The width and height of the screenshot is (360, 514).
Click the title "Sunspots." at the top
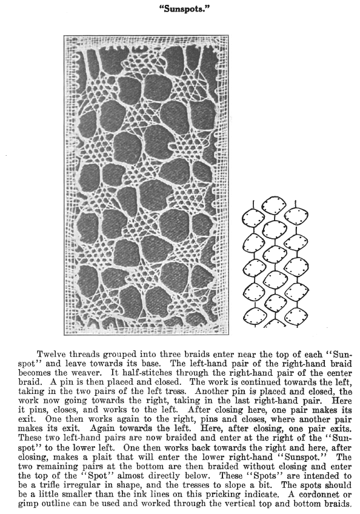tap(180, 11)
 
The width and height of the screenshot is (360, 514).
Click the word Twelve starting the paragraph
tap(53, 353)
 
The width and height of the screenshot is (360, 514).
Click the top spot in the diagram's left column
tap(252, 216)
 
